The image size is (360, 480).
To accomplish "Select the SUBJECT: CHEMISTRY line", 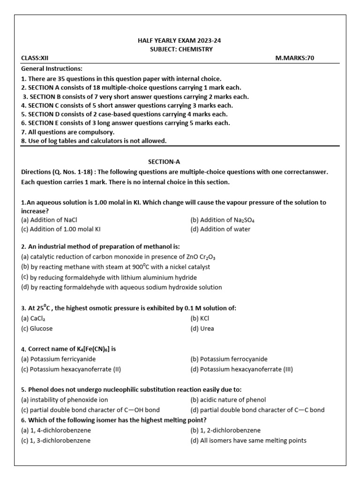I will pyautogui.click(x=180, y=49).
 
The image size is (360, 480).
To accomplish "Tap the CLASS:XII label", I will pyautogui.click(x=35, y=58).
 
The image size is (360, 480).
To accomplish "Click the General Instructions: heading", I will pyautogui.click(x=52, y=68).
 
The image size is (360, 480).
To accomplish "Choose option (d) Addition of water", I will pyautogui.click(x=220, y=229).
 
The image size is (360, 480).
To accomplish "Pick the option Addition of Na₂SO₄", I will pyautogui.click(x=223, y=220).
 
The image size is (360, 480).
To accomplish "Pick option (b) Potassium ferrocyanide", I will pyautogui.click(x=229, y=359).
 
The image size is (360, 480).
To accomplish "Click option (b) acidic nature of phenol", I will pyautogui.click(x=228, y=400).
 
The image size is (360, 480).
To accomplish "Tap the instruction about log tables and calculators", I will pyautogui.click(x=94, y=141).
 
